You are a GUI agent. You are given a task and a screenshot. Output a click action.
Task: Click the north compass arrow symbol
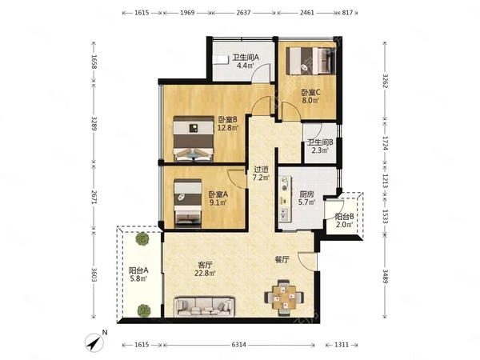[94, 342]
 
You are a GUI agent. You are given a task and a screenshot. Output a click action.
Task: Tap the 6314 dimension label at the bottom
[238, 345]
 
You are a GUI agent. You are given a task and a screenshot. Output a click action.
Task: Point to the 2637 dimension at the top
[243, 13]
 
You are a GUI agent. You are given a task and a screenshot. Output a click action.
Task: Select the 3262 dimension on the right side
[386, 81]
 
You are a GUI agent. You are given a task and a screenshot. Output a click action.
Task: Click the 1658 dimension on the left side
[94, 62]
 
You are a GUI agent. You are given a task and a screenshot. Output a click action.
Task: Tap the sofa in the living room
[204, 306]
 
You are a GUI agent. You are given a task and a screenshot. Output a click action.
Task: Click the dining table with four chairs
[284, 297]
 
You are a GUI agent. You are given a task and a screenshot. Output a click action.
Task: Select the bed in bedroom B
[193, 138]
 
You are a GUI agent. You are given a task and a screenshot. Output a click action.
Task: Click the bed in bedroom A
[188, 203]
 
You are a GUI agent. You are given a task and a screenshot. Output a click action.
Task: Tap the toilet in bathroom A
[221, 60]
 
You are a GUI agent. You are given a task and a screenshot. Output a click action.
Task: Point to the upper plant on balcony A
[142, 238]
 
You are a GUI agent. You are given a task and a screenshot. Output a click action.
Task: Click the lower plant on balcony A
[143, 310]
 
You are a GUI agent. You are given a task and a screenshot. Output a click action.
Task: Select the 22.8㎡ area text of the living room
[205, 273]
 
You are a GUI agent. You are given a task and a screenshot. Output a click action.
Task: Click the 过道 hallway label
[261, 170]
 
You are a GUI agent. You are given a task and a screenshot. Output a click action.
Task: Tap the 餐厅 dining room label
[282, 260]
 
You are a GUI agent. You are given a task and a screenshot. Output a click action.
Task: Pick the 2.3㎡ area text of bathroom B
[320, 150]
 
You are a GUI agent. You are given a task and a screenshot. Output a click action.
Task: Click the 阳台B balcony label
[344, 217]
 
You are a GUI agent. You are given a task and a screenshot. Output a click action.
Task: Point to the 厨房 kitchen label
[306, 194]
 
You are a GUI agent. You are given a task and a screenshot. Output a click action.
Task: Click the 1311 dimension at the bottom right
[342, 345]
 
